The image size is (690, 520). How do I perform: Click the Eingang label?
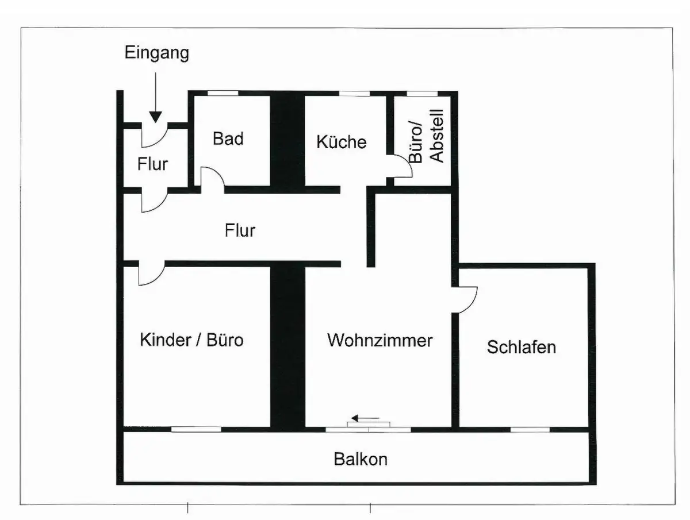point(157,53)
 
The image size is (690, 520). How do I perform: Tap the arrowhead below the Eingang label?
point(156,117)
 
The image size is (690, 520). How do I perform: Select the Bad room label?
point(228,138)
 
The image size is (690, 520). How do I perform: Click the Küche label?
point(342,141)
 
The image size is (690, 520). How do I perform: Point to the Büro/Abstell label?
point(427,136)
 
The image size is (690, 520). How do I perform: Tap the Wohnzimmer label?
point(379,340)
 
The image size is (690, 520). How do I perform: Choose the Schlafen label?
point(522,347)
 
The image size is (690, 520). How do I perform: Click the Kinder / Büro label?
point(191,340)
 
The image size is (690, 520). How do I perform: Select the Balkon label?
point(361,460)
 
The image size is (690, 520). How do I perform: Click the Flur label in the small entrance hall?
point(153,164)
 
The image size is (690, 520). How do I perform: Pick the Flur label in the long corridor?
point(240,230)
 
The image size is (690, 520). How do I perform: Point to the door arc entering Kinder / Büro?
point(157,279)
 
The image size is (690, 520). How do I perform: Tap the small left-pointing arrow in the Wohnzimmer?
point(365,418)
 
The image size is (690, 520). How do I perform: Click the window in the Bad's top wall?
point(223,93)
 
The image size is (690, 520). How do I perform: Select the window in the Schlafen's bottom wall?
point(530,430)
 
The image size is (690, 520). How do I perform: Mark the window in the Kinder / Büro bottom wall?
point(196,429)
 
